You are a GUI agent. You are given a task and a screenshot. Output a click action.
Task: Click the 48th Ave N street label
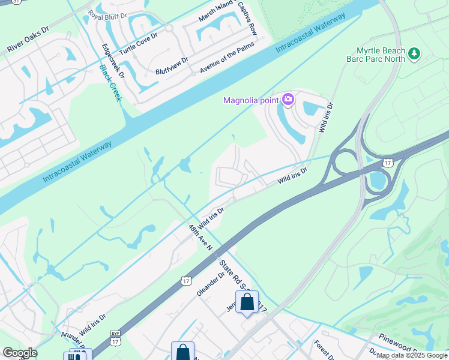198,238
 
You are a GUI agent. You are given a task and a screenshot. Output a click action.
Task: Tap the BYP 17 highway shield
115,338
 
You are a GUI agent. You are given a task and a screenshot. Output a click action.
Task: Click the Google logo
20,353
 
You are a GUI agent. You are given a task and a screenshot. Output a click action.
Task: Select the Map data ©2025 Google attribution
412,355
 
